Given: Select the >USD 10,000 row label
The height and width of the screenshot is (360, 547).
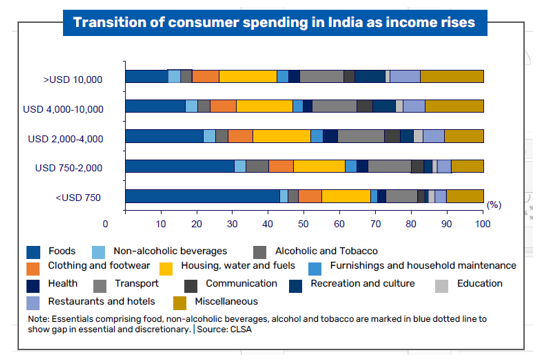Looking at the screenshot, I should (89, 77).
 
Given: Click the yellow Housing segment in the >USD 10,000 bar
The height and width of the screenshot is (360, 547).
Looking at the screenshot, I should (248, 77).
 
